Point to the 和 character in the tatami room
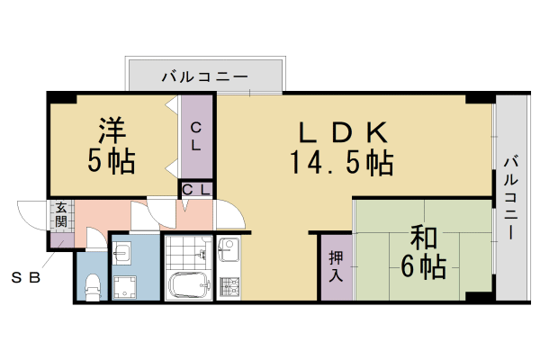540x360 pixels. point(423,238)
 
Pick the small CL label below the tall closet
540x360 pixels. point(197,189)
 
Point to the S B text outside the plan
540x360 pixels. point(26,276)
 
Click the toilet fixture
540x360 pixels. point(91,287)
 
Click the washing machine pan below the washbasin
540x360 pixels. point(125,285)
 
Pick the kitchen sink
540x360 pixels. point(227,247)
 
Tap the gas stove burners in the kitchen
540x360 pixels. point(227,286)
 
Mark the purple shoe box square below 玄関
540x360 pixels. point(59,239)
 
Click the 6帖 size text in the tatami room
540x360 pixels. point(423,267)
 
